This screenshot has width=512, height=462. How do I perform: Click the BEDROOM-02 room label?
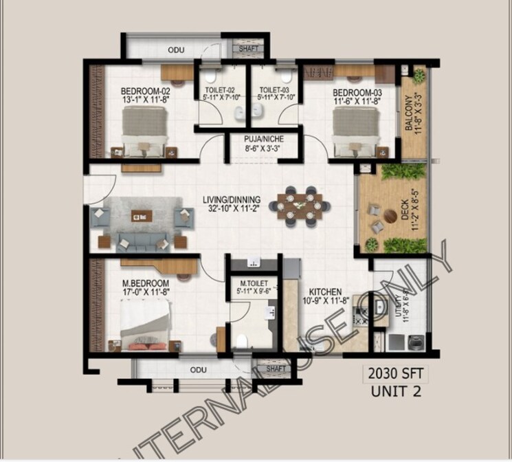point(145,91)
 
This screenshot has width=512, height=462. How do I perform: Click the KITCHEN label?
point(325,291)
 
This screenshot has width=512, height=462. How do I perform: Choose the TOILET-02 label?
point(220,89)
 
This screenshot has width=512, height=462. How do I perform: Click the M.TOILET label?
point(253,283)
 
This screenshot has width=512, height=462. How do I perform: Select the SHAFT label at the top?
point(248,49)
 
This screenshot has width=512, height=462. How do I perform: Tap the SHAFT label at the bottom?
point(276,369)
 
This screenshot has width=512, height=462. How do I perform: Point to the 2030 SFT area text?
point(394,375)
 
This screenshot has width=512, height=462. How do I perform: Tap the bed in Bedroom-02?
point(145,128)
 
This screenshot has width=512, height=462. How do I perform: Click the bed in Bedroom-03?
point(356,129)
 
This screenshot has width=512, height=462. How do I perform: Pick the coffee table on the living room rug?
point(142,217)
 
